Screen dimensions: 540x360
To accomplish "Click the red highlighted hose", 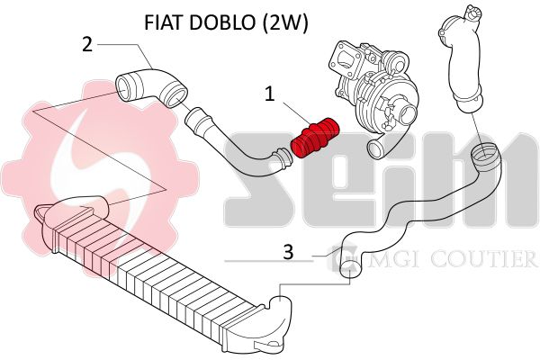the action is pyautogui.click(x=315, y=138).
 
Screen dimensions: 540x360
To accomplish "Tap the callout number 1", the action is pyautogui.click(x=270, y=94).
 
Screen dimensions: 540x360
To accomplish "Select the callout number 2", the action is pyautogui.click(x=87, y=44).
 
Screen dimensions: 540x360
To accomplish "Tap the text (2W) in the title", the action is pyautogui.click(x=284, y=23).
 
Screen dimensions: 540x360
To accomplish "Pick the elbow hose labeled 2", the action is pyautogui.click(x=151, y=88).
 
